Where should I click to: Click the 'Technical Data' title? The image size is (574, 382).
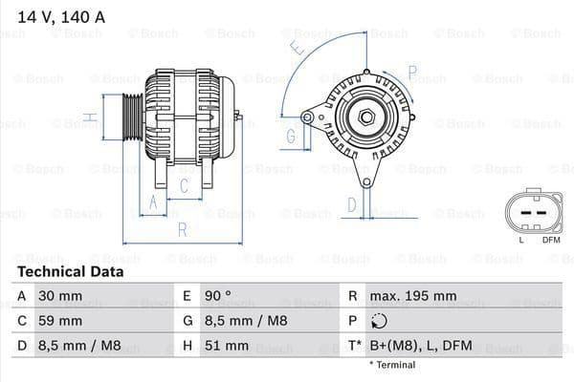[70, 271]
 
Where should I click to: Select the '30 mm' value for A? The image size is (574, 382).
[59, 296]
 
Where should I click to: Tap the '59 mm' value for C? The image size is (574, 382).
[59, 320]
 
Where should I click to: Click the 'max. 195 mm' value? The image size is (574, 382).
[415, 296]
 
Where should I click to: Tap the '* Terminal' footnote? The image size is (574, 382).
[392, 365]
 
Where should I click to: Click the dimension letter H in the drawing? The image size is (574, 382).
[89, 118]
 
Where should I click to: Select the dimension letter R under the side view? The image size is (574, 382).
[182, 229]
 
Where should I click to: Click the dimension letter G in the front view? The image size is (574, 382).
[291, 136]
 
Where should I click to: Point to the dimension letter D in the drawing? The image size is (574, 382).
[351, 203]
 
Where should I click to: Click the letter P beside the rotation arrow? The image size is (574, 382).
[412, 71]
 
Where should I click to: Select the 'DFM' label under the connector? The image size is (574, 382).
[551, 239]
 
